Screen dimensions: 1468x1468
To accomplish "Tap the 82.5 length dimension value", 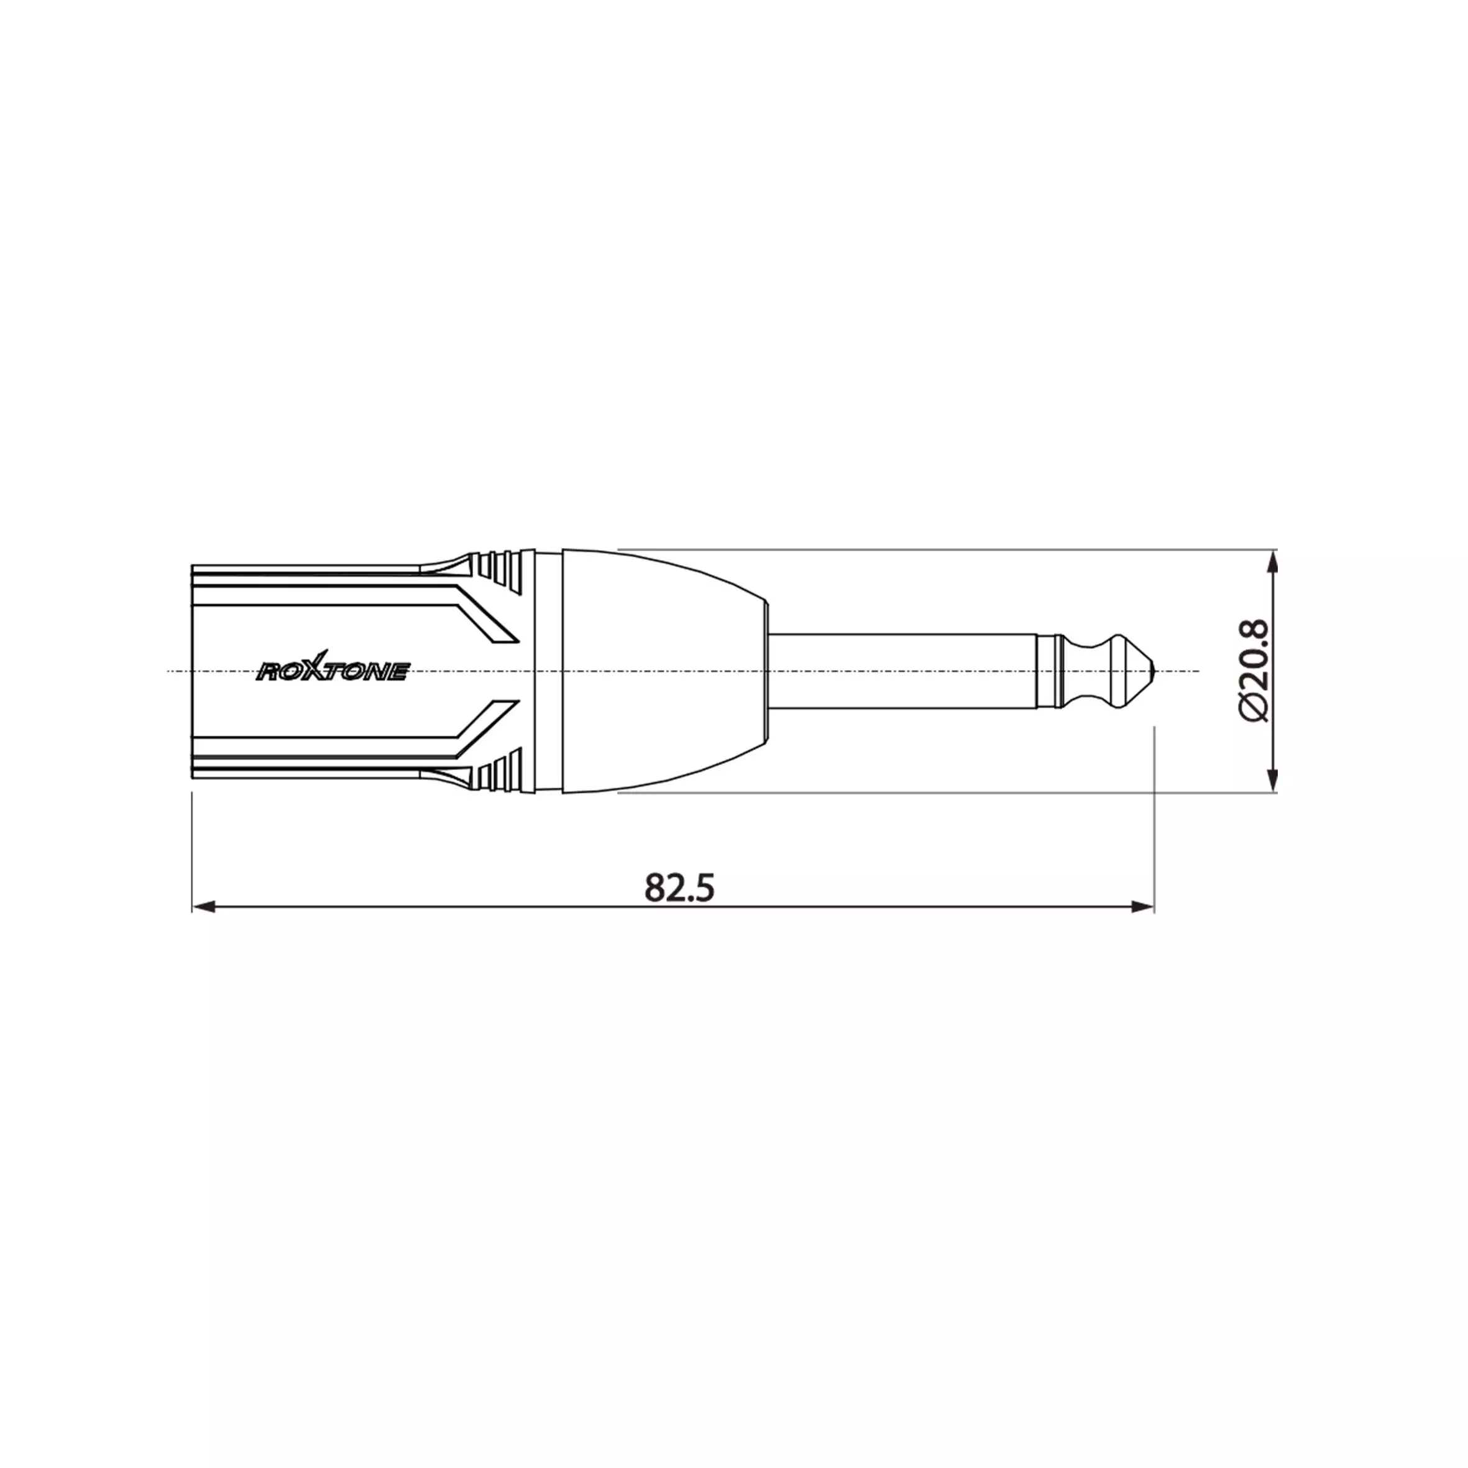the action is [x=680, y=887].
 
